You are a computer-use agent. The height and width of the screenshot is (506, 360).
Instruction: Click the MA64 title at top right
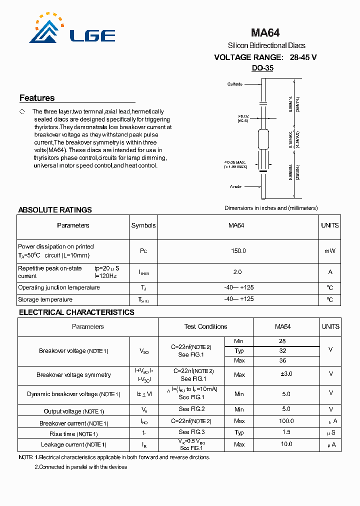[265, 33]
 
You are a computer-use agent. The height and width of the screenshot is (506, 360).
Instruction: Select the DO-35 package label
[262, 68]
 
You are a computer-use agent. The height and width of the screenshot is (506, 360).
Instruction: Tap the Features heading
[37, 98]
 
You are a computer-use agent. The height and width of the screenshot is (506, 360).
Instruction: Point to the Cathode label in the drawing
[235, 84]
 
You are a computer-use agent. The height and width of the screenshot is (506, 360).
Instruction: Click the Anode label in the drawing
[236, 186]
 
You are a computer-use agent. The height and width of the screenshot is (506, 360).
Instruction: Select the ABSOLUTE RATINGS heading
[55, 210]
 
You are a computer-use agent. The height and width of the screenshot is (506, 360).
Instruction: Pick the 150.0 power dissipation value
[238, 251]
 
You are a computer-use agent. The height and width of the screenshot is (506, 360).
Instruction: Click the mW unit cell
[330, 251]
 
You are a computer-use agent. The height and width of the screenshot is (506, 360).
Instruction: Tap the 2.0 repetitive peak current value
[237, 272]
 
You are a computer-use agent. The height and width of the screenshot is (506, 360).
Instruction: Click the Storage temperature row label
[45, 299]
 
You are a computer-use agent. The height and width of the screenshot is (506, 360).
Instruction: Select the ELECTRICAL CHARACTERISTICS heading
[76, 312]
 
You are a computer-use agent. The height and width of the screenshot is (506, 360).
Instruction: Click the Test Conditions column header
[205, 326]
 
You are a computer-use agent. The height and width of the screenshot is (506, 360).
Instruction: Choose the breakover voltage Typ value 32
[283, 351]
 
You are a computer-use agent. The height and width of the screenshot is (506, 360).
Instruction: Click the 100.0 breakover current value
[286, 421]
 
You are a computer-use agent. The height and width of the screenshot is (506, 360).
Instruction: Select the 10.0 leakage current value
[286, 444]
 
